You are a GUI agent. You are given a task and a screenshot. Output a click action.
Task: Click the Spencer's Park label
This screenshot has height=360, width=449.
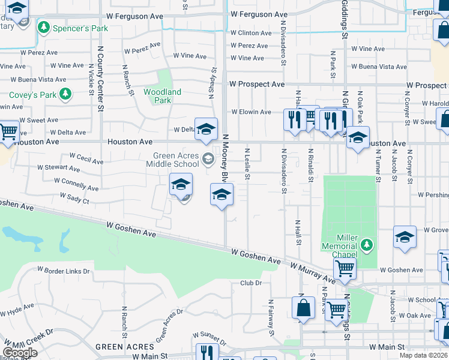point(80,28)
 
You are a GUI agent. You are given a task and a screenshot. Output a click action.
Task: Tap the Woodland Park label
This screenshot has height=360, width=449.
point(162,96)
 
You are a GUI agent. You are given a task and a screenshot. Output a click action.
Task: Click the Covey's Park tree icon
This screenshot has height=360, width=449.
point(65,95)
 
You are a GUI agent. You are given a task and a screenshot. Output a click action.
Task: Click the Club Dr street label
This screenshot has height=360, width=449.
point(252,283)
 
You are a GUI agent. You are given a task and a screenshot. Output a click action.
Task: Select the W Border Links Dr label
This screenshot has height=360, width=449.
point(64,271)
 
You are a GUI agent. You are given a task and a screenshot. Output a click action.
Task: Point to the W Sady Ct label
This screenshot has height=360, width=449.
point(74,198)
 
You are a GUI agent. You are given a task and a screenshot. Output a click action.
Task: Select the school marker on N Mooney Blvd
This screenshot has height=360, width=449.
point(221,195)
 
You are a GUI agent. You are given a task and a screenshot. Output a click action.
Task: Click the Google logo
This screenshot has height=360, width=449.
point(20,352)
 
